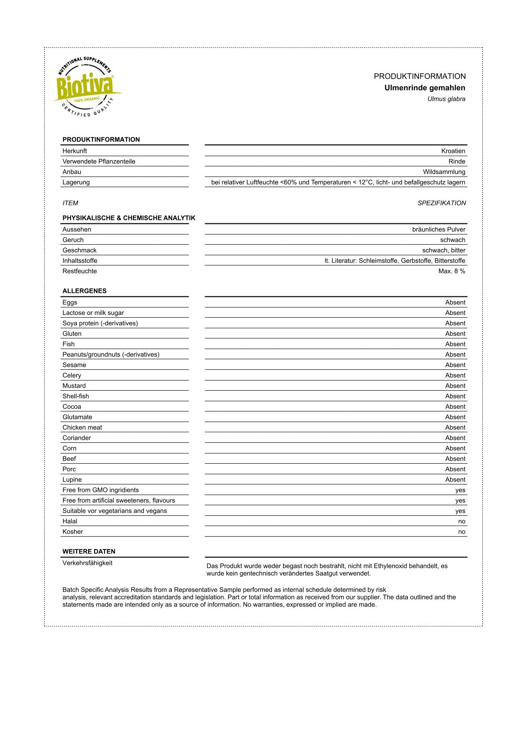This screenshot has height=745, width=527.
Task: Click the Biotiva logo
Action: coord(87,87)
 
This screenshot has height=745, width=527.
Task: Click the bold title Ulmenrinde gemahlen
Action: coord(424,88)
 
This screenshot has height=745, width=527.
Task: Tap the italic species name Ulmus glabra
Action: coord(446,99)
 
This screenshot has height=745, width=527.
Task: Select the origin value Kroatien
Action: coord(453,151)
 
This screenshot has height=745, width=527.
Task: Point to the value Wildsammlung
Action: coord(444,172)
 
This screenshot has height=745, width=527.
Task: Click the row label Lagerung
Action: coord(76,182)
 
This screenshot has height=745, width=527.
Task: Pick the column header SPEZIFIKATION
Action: coord(442,203)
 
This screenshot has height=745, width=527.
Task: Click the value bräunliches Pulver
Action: coord(438,229)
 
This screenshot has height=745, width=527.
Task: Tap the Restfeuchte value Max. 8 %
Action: coord(452,271)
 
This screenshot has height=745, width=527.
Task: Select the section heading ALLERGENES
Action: coord(85,291)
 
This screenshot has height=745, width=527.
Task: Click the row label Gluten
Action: coord(72,334)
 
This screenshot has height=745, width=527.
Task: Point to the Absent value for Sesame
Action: coord(455,365)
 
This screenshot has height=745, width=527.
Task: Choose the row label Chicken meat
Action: coord(82,427)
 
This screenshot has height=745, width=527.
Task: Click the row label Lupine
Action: coord(72,480)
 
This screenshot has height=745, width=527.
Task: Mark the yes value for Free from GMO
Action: coord(460,490)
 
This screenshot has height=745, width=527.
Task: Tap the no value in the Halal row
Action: coord(461,522)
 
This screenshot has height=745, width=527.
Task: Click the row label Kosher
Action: coord(73,532)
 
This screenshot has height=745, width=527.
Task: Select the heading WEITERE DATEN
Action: coord(89,552)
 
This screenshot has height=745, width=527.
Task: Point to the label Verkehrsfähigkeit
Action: coord(88,563)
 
